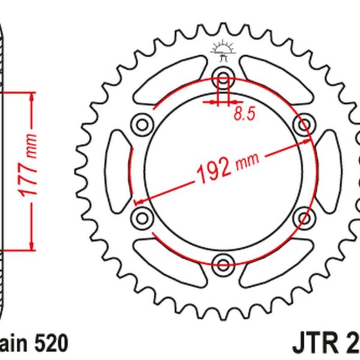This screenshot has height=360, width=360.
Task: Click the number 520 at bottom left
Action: tap(50, 344)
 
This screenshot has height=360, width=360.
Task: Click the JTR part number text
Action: tap(325, 344)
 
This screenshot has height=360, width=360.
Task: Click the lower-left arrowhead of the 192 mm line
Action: tap(137, 202)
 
